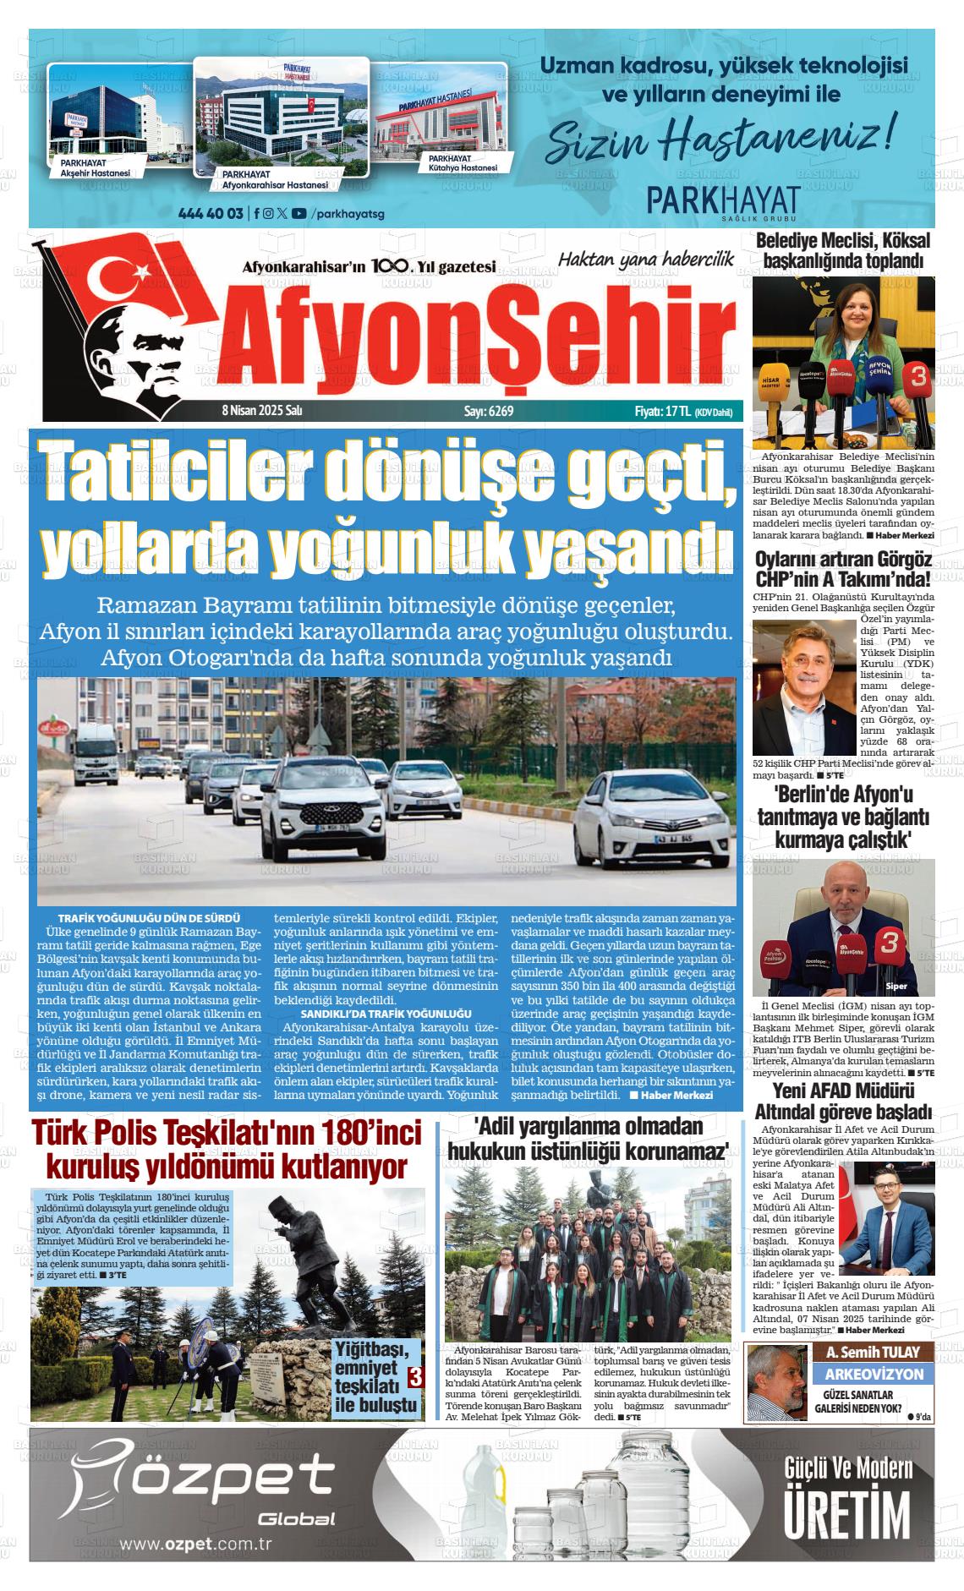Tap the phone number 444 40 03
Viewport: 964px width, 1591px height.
click(x=212, y=213)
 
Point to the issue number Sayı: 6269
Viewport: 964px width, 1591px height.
click(x=489, y=412)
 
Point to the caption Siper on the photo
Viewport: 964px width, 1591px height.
click(x=896, y=986)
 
